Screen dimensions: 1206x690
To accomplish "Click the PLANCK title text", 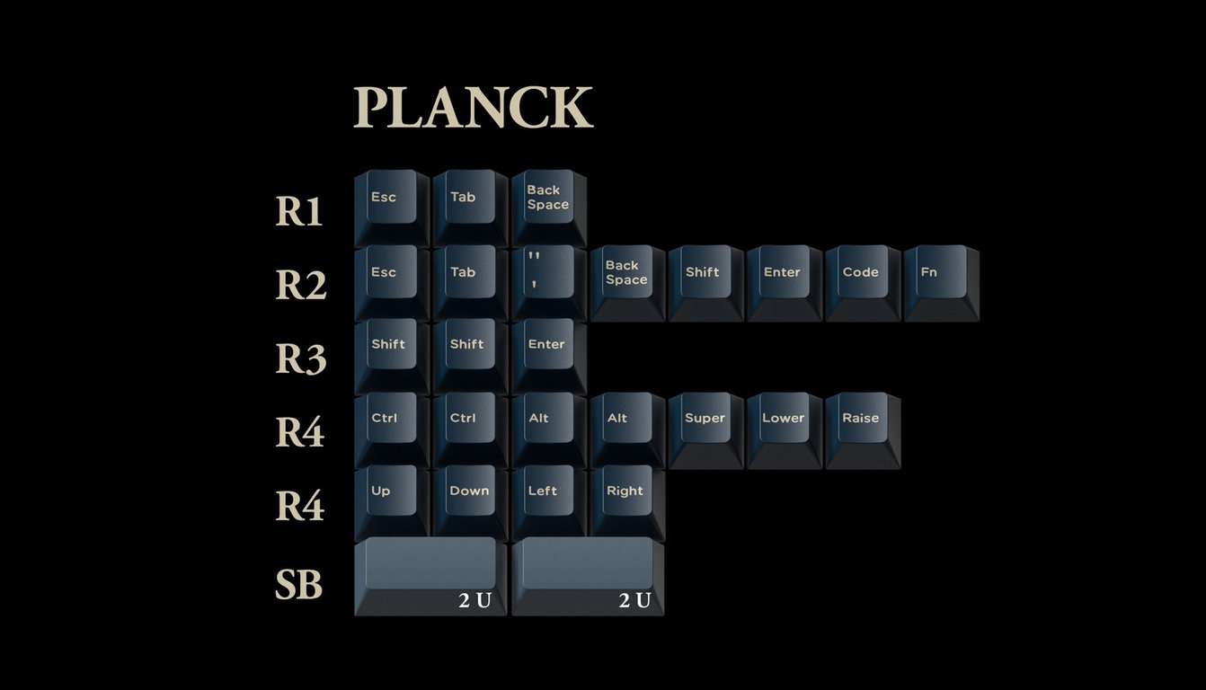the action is click(x=473, y=107).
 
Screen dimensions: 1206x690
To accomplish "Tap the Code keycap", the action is click(x=863, y=283).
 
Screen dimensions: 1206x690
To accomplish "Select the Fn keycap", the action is click(x=942, y=283).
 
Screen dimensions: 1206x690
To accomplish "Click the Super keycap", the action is click(x=705, y=430).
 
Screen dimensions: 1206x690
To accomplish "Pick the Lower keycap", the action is click(x=784, y=430).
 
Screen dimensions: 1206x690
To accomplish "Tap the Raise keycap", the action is click(x=863, y=430).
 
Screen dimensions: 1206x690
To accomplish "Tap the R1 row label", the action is click(x=299, y=211).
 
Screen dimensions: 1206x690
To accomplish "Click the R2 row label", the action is click(x=301, y=285).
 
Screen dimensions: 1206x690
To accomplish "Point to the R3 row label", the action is click(x=301, y=359).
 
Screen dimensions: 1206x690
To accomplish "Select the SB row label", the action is click(x=299, y=585).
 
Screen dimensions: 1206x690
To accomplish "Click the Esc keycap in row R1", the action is click(x=392, y=208).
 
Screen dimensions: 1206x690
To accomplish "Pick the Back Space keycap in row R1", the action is click(x=548, y=208).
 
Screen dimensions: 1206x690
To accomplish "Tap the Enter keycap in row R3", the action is click(x=548, y=357).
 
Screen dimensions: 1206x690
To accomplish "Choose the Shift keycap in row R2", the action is click(x=705, y=283).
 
